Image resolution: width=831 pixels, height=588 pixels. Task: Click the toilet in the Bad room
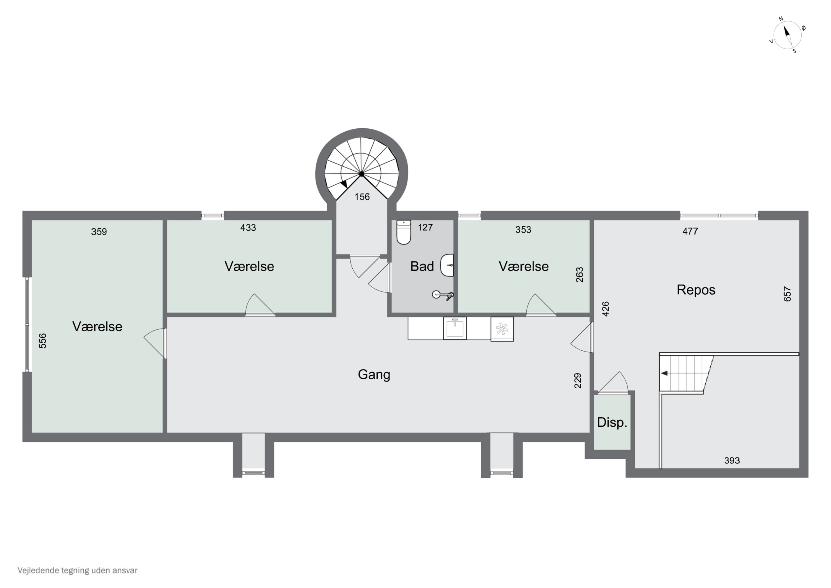tap(404, 232)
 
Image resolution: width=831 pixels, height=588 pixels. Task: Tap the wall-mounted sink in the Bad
tap(447, 265)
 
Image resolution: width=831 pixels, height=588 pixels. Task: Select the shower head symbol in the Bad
tap(443, 295)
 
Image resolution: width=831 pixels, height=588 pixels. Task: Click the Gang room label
tap(374, 375)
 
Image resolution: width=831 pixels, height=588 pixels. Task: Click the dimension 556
tap(43, 341)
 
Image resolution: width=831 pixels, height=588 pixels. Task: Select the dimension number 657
tap(787, 294)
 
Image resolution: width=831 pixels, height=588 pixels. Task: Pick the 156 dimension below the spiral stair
tap(362, 197)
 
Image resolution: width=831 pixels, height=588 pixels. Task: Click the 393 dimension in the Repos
tap(732, 460)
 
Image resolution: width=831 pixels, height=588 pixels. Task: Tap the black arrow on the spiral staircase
tap(345, 184)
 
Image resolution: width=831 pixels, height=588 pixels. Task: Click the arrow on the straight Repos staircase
tap(664, 373)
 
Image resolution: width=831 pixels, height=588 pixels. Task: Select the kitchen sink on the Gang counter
tap(455, 328)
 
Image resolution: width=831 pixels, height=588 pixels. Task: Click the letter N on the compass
tap(781, 19)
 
